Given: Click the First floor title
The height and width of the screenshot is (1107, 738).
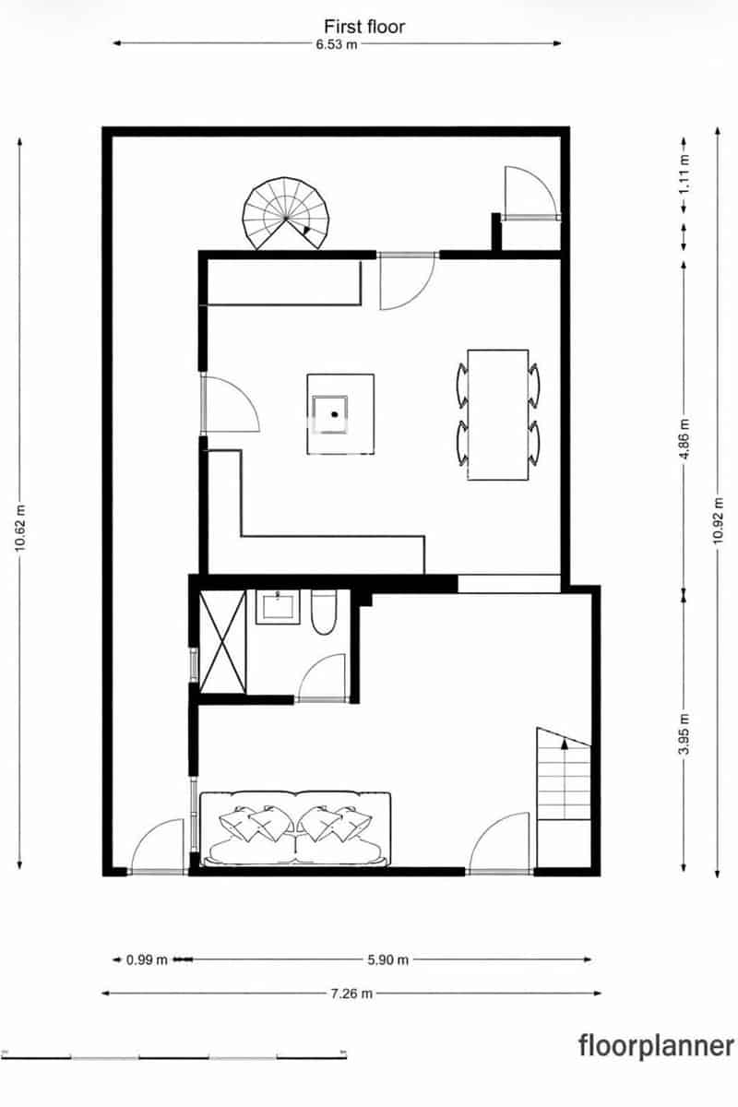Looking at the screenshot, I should tap(363, 27).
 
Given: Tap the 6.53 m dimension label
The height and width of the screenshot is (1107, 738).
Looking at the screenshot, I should tap(337, 44).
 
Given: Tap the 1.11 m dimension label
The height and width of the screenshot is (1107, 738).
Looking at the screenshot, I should tap(684, 173).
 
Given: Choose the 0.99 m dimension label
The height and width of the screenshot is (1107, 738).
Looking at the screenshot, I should tap(148, 959).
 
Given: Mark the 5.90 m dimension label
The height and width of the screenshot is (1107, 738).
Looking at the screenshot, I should tap(387, 959).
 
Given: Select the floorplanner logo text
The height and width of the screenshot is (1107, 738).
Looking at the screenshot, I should tap(657, 1046).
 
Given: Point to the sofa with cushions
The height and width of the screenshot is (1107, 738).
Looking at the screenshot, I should tap(295, 827).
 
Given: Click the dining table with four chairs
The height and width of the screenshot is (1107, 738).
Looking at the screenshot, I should tap(498, 415).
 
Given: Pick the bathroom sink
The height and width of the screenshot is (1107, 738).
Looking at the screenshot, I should tap(278, 607).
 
